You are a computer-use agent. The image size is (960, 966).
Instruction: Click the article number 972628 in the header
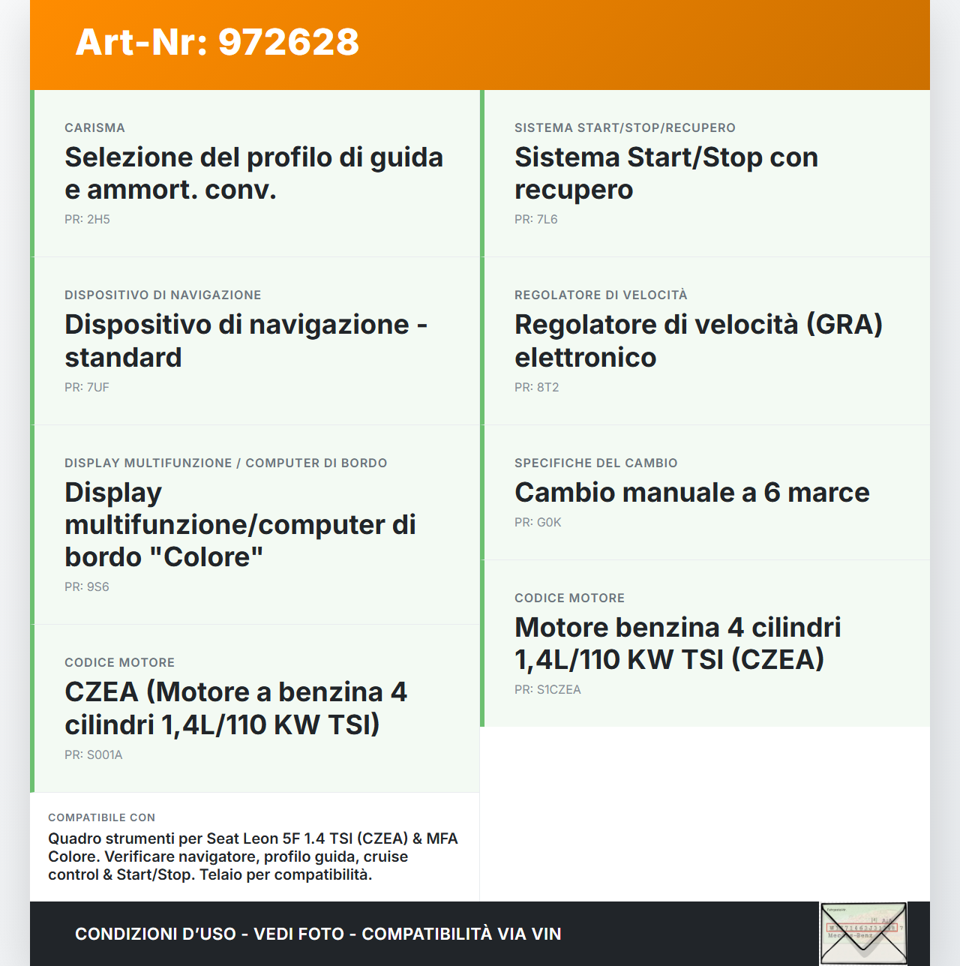[289, 42]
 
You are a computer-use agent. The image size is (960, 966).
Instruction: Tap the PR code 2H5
[98, 220]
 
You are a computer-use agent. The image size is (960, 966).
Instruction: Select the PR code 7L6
[547, 220]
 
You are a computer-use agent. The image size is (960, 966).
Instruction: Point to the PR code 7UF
[97, 388]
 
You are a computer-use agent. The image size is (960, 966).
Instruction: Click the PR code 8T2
[547, 388]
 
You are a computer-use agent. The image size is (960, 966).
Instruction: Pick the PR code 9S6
[97, 587]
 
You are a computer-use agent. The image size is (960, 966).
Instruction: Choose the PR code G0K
[548, 523]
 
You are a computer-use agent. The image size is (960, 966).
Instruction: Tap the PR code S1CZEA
[558, 690]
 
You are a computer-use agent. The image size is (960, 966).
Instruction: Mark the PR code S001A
[104, 755]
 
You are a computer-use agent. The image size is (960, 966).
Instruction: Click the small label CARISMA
[94, 128]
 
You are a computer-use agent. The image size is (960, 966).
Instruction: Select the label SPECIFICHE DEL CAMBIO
[595, 463]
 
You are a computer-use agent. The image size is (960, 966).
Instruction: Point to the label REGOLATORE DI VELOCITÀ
[601, 295]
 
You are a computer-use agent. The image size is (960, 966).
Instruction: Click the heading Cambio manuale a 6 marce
[691, 493]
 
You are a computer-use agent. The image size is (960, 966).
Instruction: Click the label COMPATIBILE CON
[101, 818]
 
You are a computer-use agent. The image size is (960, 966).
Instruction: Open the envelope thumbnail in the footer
[863, 933]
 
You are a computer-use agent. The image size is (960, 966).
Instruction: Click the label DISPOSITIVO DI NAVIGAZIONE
[163, 295]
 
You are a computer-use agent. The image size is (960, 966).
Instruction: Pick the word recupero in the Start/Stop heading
[574, 190]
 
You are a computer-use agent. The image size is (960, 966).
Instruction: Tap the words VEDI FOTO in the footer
[298, 934]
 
